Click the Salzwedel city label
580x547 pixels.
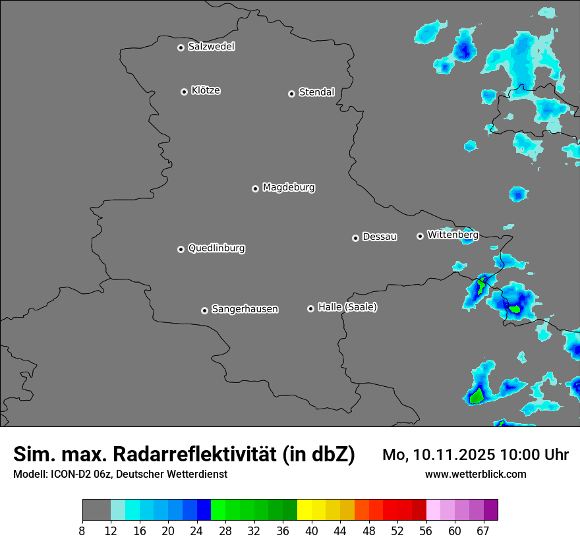(x=211, y=47)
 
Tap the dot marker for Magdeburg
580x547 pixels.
(x=255, y=188)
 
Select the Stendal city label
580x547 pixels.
(x=316, y=92)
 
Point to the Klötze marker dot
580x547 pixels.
(x=184, y=92)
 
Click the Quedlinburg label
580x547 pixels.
(x=216, y=248)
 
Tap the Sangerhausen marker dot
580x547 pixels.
(x=204, y=310)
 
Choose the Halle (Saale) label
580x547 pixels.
(x=347, y=307)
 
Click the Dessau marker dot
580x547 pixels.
(x=355, y=238)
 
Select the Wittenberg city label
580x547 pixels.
(x=452, y=235)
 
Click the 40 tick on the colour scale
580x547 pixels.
(x=311, y=531)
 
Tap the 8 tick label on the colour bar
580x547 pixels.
(x=82, y=531)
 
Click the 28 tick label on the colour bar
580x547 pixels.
(x=225, y=531)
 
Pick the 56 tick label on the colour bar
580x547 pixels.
(x=426, y=531)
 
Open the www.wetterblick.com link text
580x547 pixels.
(x=475, y=474)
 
